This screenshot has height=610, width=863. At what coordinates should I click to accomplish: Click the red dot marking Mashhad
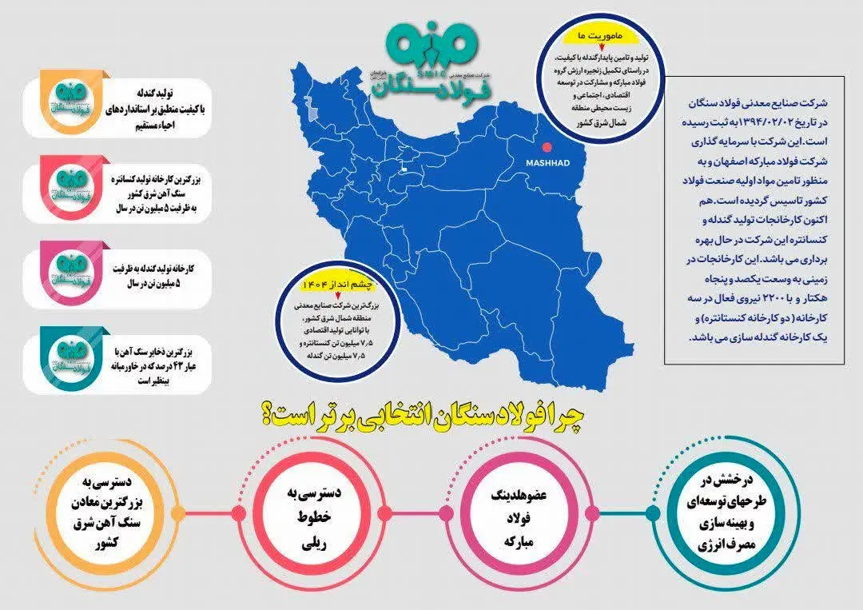[547, 147]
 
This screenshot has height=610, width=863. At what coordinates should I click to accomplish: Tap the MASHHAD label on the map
[547, 162]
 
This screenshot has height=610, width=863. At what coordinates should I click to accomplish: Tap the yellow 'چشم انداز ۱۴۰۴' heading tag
[327, 285]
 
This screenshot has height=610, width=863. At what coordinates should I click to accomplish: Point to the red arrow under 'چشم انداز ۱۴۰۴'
[327, 297]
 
